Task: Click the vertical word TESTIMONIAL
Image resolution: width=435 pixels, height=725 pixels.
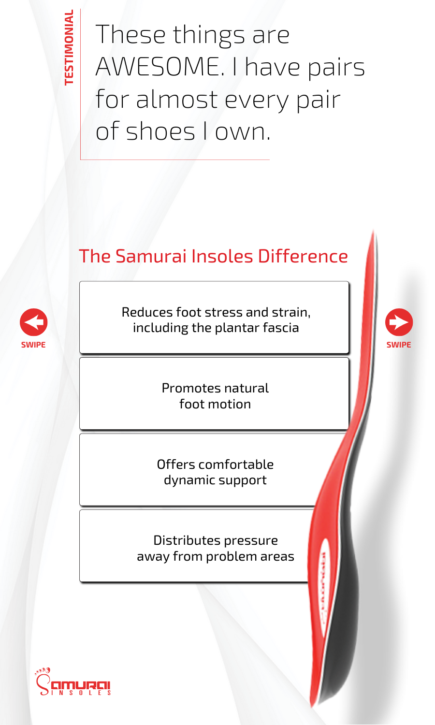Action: click(x=70, y=47)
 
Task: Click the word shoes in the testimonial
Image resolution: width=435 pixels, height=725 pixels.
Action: click(x=160, y=131)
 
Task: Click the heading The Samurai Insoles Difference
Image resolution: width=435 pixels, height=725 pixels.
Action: click(x=213, y=256)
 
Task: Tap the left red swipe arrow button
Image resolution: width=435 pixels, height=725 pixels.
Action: click(x=33, y=322)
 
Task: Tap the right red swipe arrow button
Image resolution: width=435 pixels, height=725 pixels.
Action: click(x=399, y=322)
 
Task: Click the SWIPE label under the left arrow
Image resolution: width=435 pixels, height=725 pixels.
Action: click(x=33, y=345)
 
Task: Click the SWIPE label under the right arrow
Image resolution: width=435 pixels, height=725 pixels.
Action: click(x=399, y=345)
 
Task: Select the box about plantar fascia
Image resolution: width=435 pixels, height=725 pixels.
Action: click(x=214, y=319)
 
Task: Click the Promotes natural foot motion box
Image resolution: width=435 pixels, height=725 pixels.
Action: click(x=214, y=395)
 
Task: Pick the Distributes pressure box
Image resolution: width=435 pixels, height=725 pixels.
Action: click(x=203, y=548)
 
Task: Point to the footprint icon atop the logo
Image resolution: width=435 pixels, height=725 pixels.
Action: click(x=43, y=670)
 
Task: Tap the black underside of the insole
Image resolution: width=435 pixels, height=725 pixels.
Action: click(x=346, y=604)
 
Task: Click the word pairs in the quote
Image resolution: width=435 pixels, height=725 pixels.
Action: click(x=336, y=67)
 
